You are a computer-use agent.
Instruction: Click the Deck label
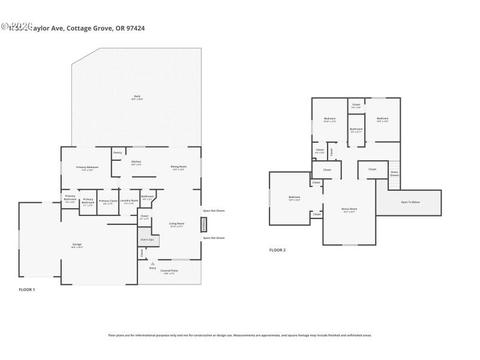137,97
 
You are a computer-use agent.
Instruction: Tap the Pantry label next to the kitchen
118,152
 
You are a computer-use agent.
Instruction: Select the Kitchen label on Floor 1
136,162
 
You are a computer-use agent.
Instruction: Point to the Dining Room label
179,167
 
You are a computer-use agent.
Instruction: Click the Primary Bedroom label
87,167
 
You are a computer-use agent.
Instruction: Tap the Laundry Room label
129,202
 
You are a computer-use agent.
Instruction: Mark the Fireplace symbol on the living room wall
204,224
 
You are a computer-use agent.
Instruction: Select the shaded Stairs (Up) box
146,238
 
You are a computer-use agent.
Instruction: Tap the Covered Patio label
169,271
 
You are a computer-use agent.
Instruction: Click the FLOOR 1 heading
27,290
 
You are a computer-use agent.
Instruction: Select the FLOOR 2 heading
277,250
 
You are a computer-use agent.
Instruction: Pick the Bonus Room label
349,210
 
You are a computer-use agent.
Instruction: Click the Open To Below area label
410,202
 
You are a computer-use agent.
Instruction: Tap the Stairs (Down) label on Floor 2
394,173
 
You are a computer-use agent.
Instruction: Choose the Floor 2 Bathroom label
356,130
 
